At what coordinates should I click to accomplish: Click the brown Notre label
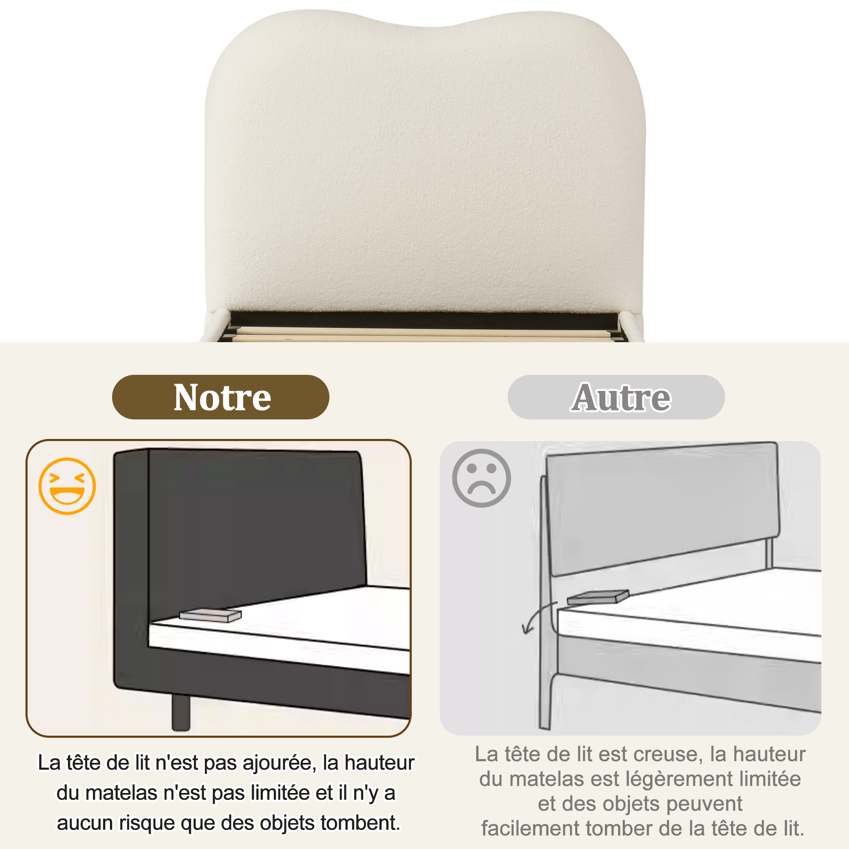click(221, 397)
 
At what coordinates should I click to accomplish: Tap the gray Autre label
click(616, 397)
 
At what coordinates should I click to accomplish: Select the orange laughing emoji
click(67, 486)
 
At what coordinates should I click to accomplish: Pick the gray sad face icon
click(481, 478)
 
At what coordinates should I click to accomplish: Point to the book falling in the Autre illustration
click(598, 597)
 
